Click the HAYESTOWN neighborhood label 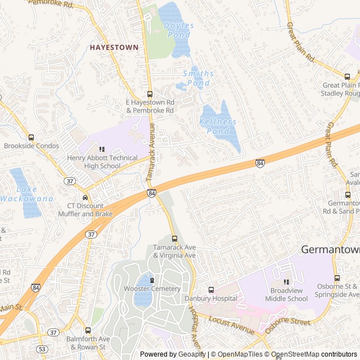pyautogui.click(x=114, y=48)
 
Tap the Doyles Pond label pyautogui.click(x=178, y=30)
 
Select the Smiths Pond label pyautogui.click(x=197, y=78)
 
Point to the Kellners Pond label pyautogui.click(x=218, y=126)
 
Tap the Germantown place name pyautogui.click(x=330, y=249)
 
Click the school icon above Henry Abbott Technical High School pyautogui.click(x=102, y=149)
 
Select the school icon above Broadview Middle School pyautogui.click(x=286, y=282)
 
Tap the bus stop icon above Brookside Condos pyautogui.click(x=31, y=137)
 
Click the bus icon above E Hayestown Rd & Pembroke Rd pyautogui.click(x=150, y=94)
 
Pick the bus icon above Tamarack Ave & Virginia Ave pyautogui.click(x=174, y=238)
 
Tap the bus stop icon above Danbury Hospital pyautogui.click(x=211, y=290)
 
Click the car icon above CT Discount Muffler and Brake pyautogui.click(x=85, y=197)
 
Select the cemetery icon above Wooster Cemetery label pyautogui.click(x=152, y=280)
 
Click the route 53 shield pyautogui.click(x=42, y=349)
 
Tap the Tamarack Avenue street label pyautogui.click(x=151, y=160)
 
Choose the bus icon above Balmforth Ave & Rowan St pyautogui.click(x=88, y=330)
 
